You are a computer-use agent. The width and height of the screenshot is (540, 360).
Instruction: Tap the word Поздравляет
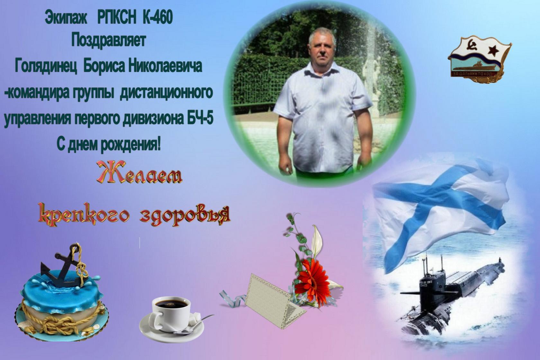(109, 40)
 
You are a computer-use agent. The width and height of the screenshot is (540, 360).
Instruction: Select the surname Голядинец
(46, 66)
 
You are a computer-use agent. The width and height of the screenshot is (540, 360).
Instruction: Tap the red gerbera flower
(312, 280)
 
